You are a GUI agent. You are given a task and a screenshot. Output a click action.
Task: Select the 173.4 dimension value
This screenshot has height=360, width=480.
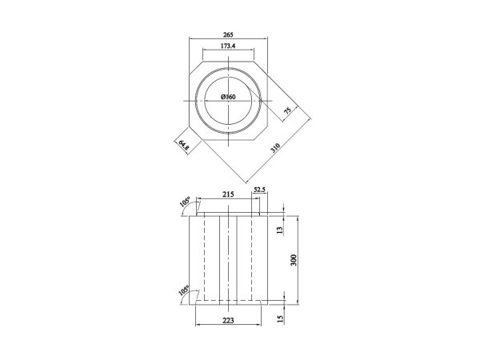(229, 47)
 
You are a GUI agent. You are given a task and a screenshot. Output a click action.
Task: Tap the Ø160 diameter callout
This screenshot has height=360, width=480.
(229, 98)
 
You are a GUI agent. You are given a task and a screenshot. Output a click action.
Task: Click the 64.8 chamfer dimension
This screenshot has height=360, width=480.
(183, 145)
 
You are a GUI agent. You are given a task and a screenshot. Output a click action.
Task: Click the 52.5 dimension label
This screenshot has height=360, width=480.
(259, 190)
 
